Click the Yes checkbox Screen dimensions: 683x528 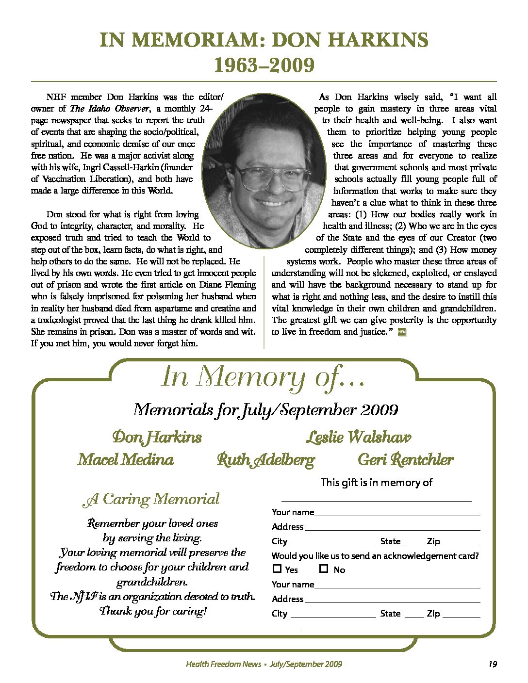coord(277,569)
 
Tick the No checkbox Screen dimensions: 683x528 coord(324,569)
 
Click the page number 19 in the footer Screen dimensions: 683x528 coord(492,664)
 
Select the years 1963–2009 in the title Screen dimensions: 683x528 coord(264,65)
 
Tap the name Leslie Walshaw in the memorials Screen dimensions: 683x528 coord(358,437)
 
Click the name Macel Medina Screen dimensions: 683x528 coord(125,459)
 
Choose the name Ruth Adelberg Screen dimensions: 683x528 coord(265,459)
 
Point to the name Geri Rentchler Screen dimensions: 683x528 coord(405,459)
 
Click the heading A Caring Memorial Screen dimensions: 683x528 coord(151,499)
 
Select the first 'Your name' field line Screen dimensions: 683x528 coord(397,513)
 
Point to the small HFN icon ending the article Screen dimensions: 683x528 coord(401,332)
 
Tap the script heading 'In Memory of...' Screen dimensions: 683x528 coord(263,377)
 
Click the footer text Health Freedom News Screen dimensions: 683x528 coord(223,664)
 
